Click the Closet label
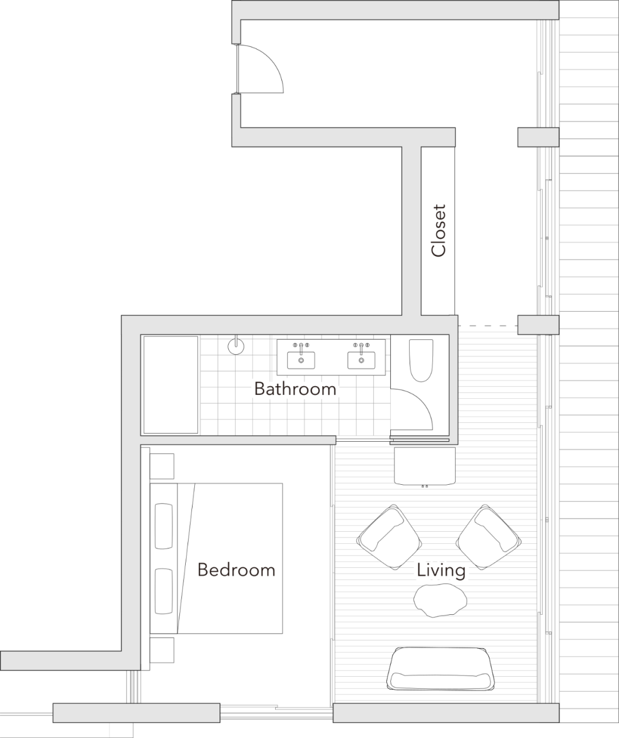pos(438,230)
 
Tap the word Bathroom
pos(295,388)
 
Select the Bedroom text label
pos(236,570)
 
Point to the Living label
pos(441,571)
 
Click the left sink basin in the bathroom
pos(301,360)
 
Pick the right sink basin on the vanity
pos(361,360)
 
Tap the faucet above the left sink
pos(301,347)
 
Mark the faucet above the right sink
pos(361,347)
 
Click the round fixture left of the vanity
pos(236,346)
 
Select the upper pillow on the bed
pos(163,525)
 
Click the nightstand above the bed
pos(162,466)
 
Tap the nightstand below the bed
pos(162,650)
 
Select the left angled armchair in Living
pos(389,537)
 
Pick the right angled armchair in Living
pos(488,537)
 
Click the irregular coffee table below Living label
pos(440,599)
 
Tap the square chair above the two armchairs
pos(425,466)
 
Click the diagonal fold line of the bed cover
pos(186,559)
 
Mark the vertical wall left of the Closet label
pos(411,229)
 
